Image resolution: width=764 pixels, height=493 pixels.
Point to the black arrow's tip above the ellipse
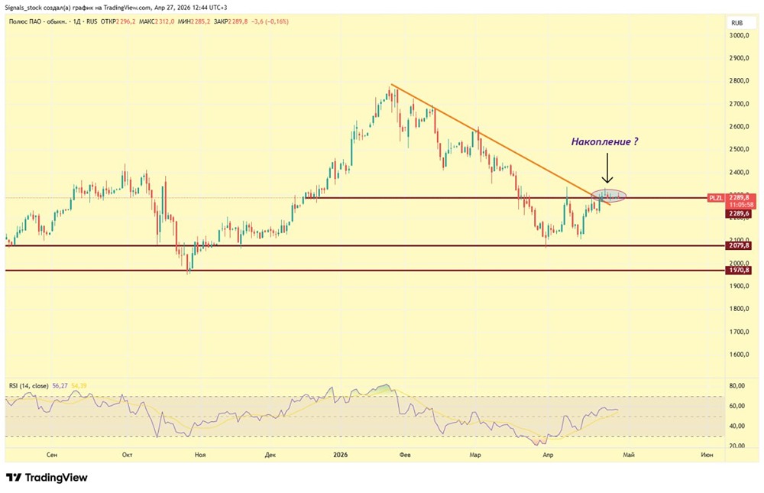607,184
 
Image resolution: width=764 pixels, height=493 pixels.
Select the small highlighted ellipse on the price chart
609,196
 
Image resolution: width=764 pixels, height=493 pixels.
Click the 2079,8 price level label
740,245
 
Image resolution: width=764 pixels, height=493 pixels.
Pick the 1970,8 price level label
740,271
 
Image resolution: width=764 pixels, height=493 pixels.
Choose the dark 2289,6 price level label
740,214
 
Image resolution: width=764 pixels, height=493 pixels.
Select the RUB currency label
738,22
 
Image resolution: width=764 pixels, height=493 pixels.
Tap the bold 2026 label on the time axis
341,455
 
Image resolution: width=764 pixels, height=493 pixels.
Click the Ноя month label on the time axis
200,455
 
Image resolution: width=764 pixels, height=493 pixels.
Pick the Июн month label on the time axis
707,455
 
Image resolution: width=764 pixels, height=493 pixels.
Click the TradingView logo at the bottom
47,478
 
